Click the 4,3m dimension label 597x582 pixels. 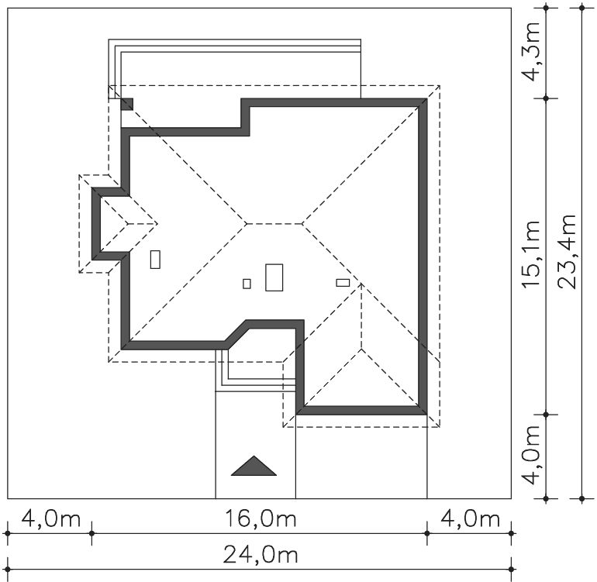(x=532, y=52)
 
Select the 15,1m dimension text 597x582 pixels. (x=532, y=254)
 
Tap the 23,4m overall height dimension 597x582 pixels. (x=567, y=252)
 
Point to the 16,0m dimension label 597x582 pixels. (x=261, y=518)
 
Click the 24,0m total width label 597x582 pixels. (x=261, y=555)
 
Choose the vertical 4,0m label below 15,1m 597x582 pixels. (x=532, y=455)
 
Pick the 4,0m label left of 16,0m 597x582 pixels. (x=51, y=518)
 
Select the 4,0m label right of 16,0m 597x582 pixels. (x=470, y=518)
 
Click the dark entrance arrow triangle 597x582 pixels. (x=254, y=466)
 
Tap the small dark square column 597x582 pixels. (x=127, y=104)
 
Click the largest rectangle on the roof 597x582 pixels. (x=274, y=277)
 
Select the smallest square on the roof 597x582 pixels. (x=247, y=284)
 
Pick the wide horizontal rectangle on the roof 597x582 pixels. (x=343, y=282)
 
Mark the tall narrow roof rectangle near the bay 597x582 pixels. (x=155, y=259)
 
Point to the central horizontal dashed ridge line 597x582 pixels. (x=274, y=224)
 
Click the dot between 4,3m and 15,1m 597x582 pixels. (x=546, y=98)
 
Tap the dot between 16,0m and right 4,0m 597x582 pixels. (x=426, y=533)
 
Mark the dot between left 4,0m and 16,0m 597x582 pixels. (x=91, y=533)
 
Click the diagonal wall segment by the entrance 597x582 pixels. (x=236, y=335)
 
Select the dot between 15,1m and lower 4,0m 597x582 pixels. (x=546, y=415)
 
